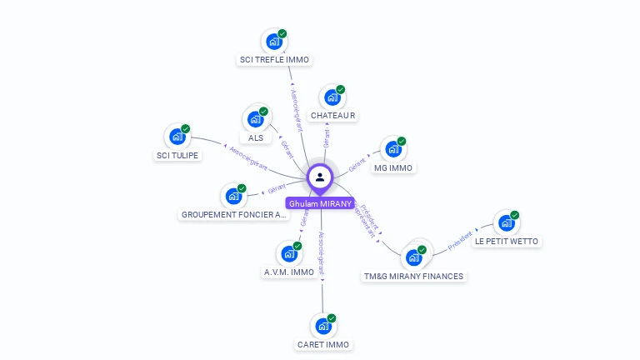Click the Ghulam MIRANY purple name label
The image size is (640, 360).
[320, 203]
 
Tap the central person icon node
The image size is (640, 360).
[320, 177]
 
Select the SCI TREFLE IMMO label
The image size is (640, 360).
[274, 60]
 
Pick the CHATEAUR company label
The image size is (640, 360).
[333, 116]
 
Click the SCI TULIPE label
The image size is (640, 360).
[178, 156]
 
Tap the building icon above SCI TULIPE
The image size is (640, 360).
[177, 137]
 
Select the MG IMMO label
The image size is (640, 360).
[394, 168]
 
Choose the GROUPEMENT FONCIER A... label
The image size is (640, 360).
[234, 215]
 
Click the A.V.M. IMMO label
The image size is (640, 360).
[289, 272]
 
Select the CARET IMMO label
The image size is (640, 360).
[323, 345]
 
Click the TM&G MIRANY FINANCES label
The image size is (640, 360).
[413, 276]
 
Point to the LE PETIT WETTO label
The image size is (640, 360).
[507, 242]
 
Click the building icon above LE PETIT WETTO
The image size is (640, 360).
[506, 222]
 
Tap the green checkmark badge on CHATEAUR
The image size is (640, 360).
[341, 90]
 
